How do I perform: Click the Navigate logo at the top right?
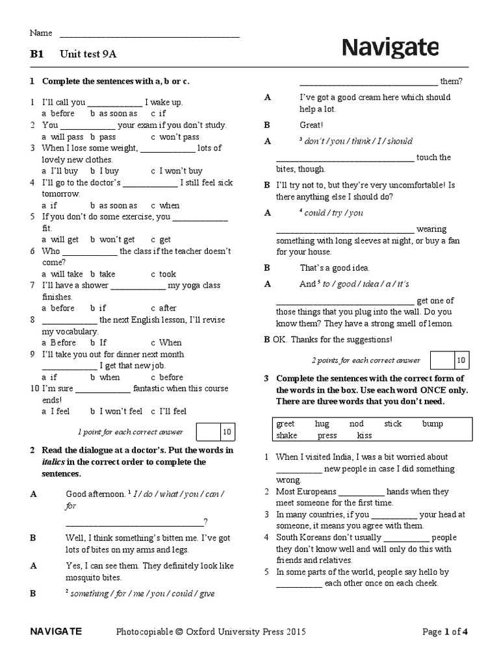pos(390,48)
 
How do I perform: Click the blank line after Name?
pos(149,34)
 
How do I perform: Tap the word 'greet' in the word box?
pos(285,424)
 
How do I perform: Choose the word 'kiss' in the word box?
pos(365,436)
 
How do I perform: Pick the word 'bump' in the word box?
pos(432,424)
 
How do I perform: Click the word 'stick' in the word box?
pos(392,424)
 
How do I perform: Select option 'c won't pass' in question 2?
pos(175,137)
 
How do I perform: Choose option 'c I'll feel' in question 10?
pos(168,411)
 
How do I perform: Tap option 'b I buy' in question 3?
pos(105,171)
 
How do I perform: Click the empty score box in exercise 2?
pos(441,360)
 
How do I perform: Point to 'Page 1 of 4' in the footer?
pos(445,631)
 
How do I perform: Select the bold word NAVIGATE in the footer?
pos(56,631)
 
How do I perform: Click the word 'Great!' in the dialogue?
pos(311,125)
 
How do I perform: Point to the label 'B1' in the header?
pos(36,55)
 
